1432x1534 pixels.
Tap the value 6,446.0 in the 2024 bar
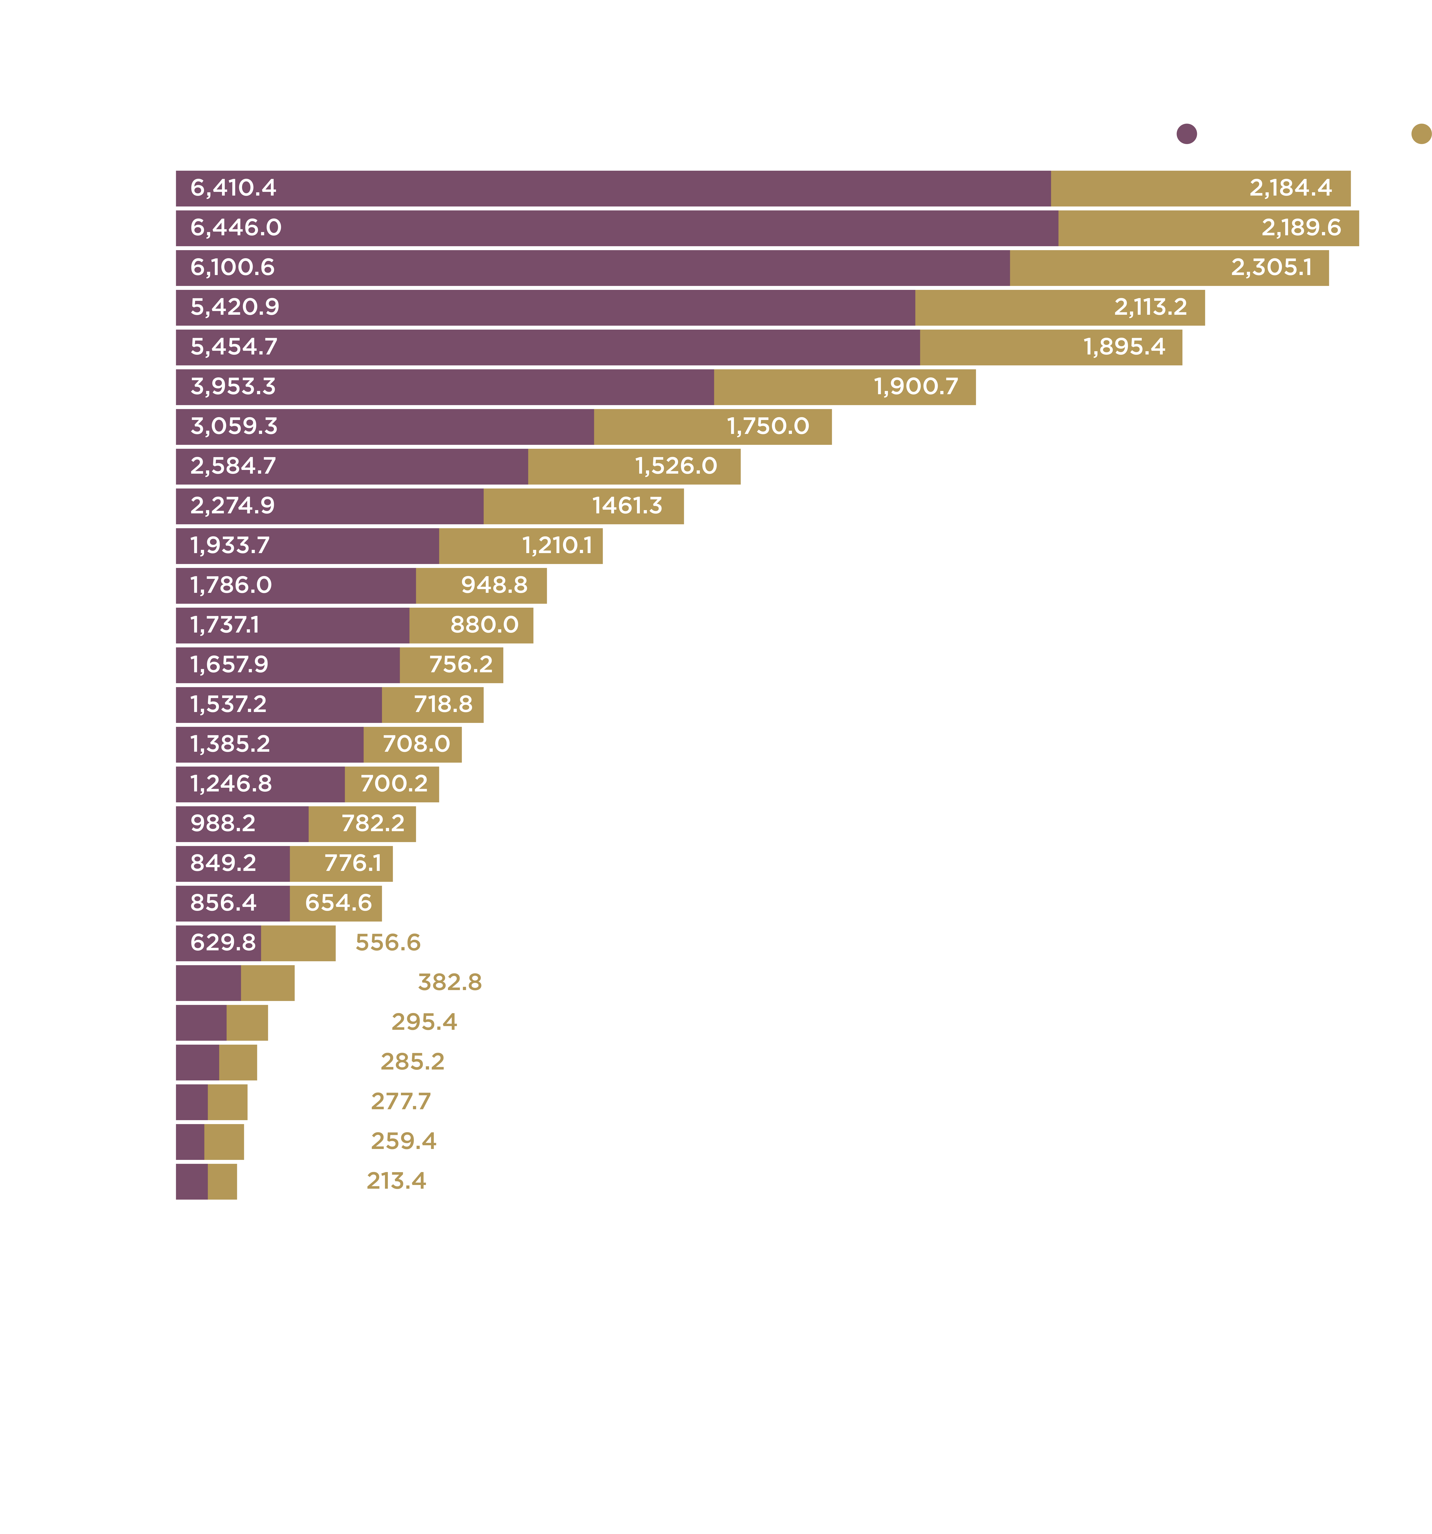tap(236, 228)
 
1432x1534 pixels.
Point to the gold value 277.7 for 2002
tap(400, 1101)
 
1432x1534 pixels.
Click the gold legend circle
tap(1421, 134)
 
